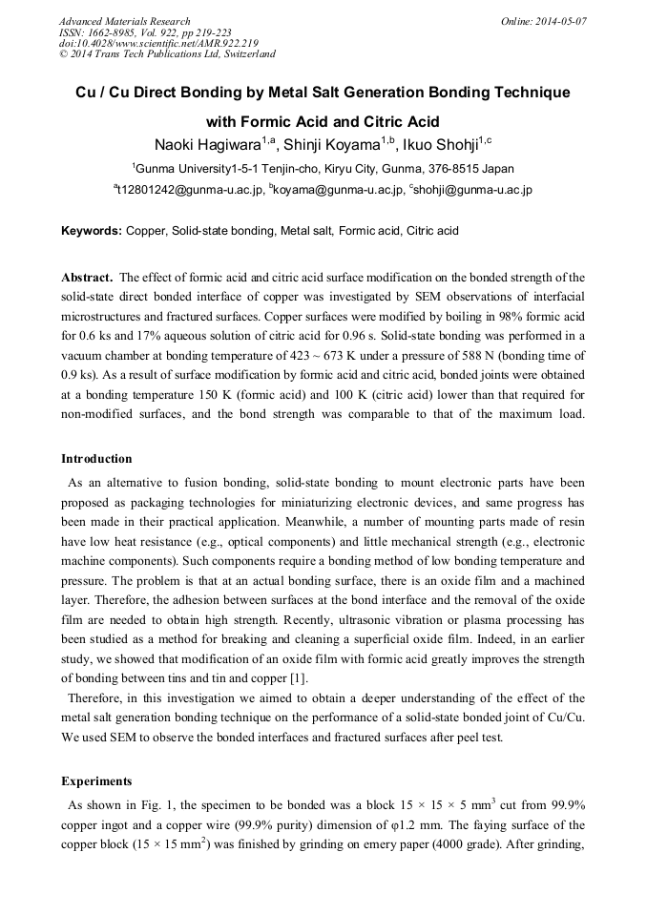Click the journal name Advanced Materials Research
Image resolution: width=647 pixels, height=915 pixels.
(x=124, y=21)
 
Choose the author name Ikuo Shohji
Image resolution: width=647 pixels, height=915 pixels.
(x=440, y=145)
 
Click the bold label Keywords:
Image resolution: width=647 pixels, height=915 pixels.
(x=92, y=231)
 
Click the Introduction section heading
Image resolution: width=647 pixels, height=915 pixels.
(x=97, y=459)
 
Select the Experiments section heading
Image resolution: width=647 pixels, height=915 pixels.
(x=97, y=780)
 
